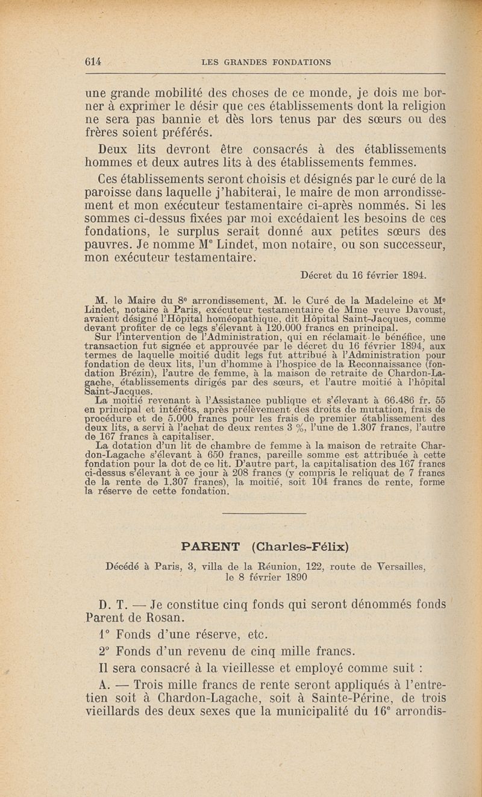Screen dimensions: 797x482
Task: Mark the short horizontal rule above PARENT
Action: [264, 514]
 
